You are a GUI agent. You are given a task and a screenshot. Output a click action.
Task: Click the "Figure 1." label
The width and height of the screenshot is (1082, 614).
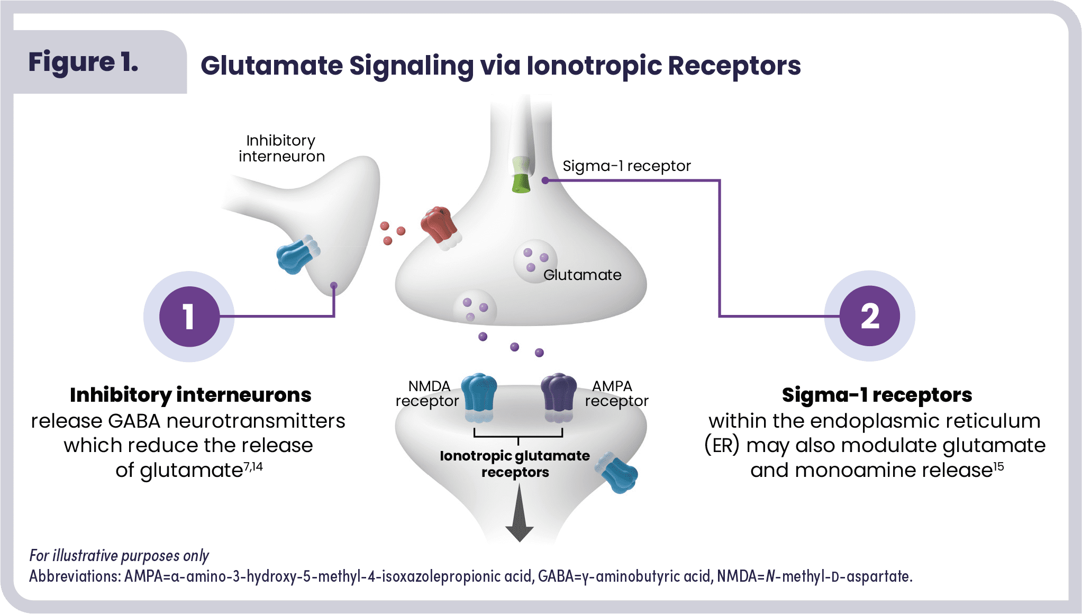click(83, 62)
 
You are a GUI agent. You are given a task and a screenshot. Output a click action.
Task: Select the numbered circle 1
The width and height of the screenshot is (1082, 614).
click(189, 317)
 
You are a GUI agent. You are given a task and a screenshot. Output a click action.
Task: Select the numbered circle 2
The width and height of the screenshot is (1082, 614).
click(870, 316)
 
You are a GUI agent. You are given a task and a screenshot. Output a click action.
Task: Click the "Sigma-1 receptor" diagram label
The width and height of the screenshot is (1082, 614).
click(626, 166)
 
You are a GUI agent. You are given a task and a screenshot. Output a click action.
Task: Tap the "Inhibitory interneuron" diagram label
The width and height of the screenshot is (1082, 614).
click(281, 148)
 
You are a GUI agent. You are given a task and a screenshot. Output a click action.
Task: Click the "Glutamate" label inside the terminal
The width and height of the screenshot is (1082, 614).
click(582, 275)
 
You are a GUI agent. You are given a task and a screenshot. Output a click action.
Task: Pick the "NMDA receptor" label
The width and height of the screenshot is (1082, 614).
click(428, 393)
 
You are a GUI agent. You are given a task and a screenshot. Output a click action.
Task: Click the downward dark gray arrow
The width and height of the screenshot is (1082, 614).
click(519, 516)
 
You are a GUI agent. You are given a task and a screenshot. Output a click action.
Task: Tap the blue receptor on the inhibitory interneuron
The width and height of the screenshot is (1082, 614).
click(297, 256)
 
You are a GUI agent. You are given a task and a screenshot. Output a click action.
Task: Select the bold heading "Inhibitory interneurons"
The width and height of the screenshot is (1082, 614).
click(190, 395)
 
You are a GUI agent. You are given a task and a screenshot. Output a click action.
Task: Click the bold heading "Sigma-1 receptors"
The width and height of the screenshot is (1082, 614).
click(877, 395)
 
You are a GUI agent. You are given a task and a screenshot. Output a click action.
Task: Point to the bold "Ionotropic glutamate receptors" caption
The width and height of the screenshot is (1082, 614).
click(515, 464)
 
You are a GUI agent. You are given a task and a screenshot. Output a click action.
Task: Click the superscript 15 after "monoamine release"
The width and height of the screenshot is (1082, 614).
click(998, 466)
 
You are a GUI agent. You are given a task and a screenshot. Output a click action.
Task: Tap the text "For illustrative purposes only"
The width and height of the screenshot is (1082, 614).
click(119, 555)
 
